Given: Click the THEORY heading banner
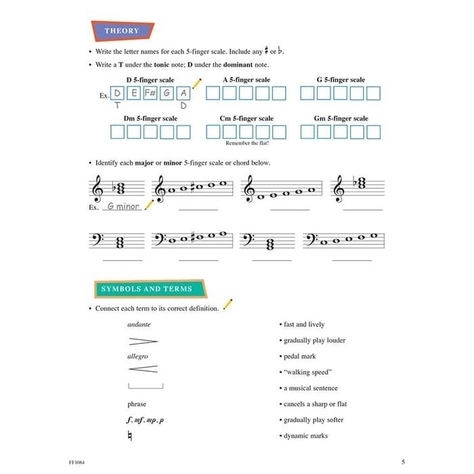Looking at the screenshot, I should (x=122, y=30).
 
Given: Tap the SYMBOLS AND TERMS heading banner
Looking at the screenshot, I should (x=146, y=288).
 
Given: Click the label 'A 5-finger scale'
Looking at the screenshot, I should (x=246, y=80).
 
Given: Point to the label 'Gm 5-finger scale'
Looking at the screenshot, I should (x=341, y=118).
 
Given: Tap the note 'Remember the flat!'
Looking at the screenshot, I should (x=246, y=144).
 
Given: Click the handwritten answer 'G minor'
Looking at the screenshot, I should (x=123, y=207).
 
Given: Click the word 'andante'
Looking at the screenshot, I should (x=139, y=324).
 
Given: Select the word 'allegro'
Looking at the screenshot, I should (x=137, y=356).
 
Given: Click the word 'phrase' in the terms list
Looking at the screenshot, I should (x=137, y=404).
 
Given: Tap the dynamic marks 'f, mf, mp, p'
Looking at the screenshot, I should (x=145, y=420).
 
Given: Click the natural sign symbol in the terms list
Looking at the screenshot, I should (x=130, y=437).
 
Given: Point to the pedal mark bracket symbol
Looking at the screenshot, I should (x=145, y=387).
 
